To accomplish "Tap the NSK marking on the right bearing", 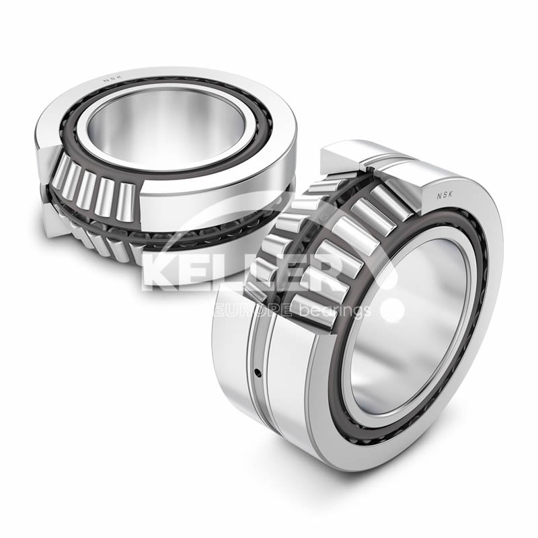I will click(445, 195).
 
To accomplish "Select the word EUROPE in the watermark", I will click(252, 310).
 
